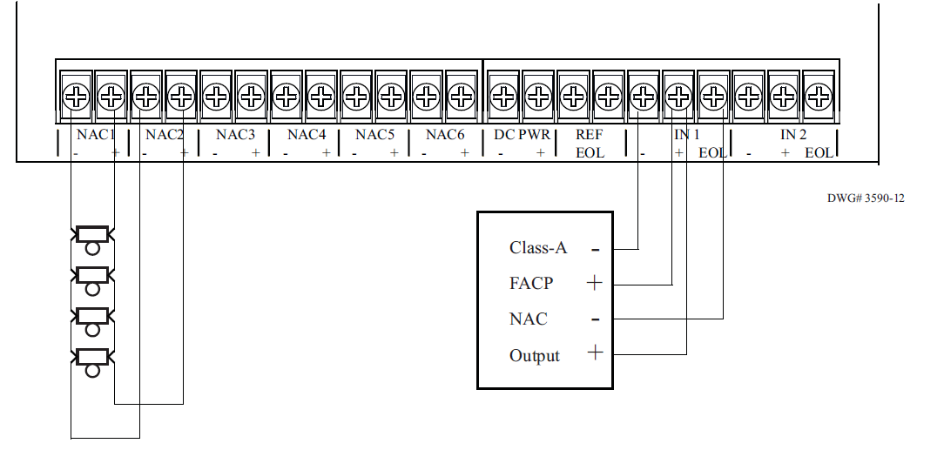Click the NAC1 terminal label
pos(96,136)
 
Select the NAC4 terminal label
pos(306,136)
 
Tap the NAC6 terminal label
pos(446,136)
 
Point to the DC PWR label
pos(522,136)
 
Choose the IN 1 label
pos(686,136)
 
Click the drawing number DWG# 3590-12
pos(866,198)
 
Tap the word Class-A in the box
pos(538,248)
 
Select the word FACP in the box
pos(531,284)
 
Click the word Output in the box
pos(535,356)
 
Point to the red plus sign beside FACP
pos(595,283)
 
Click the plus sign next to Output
pos(595,353)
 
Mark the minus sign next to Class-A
pos(596,250)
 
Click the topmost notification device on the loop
pos(92,234)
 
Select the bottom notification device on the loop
pos(92,356)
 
